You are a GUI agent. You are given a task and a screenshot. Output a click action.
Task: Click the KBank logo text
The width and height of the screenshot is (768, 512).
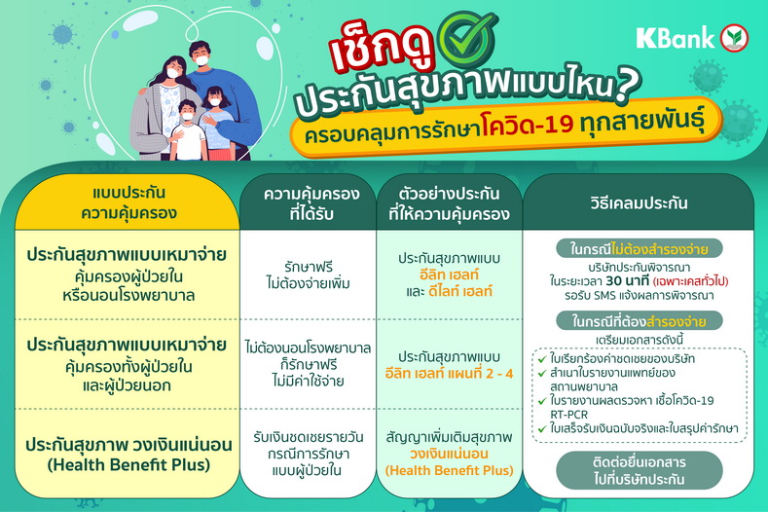coord(676,38)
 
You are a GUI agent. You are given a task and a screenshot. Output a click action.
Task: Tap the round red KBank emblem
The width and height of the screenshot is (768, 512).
coord(734,38)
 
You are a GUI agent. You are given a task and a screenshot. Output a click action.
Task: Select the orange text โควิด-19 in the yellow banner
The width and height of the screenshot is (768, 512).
coord(527,123)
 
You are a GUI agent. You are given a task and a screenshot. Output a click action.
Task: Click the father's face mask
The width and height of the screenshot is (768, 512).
coord(201,60)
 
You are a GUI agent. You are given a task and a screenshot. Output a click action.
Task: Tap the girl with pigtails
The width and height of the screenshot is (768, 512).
coord(215,123)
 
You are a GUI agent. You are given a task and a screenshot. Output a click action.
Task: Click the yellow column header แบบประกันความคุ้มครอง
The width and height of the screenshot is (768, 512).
coord(128,202)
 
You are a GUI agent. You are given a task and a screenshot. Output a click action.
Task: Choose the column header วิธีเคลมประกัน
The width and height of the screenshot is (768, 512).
coord(639,202)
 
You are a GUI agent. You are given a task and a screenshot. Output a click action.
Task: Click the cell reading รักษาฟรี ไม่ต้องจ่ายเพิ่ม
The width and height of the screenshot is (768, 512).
coord(309,274)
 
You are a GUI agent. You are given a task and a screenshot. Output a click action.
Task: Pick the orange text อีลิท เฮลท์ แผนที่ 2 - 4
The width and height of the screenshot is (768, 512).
coord(449,374)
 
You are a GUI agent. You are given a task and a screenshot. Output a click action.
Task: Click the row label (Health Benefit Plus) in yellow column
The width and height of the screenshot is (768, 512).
coord(128,464)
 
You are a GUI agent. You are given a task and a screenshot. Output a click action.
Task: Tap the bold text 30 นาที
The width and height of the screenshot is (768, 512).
coord(627,280)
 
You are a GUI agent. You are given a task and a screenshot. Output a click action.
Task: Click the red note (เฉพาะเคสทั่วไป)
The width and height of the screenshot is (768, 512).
coord(690,281)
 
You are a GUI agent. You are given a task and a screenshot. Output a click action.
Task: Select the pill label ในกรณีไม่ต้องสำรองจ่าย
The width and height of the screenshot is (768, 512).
coord(640,249)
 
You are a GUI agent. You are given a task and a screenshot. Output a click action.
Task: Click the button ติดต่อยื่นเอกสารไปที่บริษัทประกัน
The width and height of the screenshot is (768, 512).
coord(640,470)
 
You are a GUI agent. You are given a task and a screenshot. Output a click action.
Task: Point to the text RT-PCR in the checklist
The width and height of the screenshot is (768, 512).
coord(568,415)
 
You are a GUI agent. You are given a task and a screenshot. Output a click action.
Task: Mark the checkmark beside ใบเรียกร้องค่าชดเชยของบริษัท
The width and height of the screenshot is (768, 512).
coord(542,359)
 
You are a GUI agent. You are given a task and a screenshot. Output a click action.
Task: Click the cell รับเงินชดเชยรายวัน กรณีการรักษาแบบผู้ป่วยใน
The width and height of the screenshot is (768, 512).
coord(309,454)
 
